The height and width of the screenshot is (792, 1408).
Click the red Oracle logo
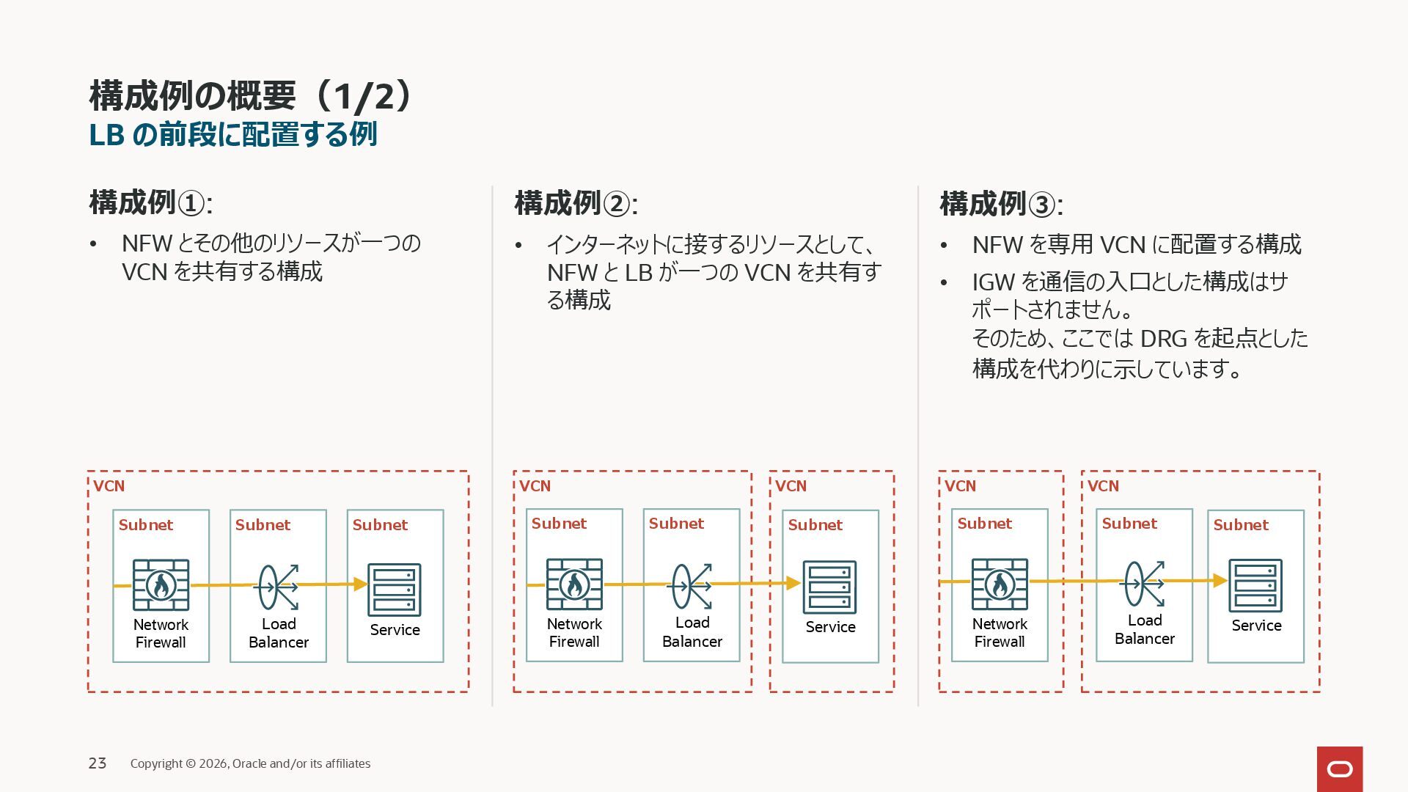coord(1339,769)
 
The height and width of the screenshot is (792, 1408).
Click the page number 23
coord(98,763)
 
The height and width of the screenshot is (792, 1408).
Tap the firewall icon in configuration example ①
coord(161,585)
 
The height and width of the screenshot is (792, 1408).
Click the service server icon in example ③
coord(1255,585)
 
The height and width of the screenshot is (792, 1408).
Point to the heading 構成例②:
coord(576,204)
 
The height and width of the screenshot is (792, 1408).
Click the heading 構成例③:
coord(1001,204)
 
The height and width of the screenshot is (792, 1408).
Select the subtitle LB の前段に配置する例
coord(232,135)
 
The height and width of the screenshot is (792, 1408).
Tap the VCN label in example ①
coord(109,486)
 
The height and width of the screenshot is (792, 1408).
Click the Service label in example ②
coord(830,627)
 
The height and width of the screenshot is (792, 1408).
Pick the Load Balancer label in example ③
coord(1144,629)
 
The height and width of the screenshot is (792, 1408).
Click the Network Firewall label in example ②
coord(574,633)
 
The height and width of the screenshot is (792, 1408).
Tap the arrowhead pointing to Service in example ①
coord(359,584)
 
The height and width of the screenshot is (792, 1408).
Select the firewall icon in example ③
coord(1000,584)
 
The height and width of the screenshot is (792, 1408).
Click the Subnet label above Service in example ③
coord(1240,525)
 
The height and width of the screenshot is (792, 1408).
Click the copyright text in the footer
coord(250,763)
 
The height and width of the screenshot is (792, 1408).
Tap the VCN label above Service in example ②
coord(791,486)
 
